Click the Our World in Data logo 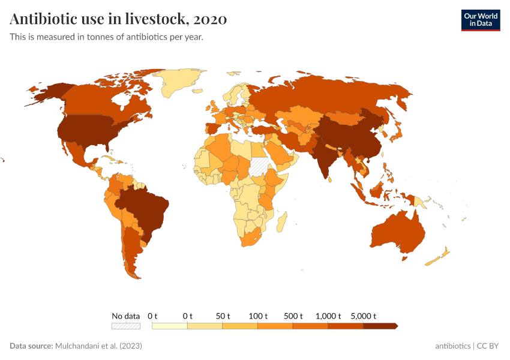(480, 20)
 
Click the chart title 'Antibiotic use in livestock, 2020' (118, 19)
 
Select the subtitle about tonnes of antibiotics (106, 37)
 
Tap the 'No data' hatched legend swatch (125, 326)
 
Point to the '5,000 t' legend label (363, 316)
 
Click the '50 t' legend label (223, 316)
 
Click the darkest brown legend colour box (379, 326)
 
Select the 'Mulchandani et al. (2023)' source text (98, 346)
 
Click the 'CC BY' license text (488, 346)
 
